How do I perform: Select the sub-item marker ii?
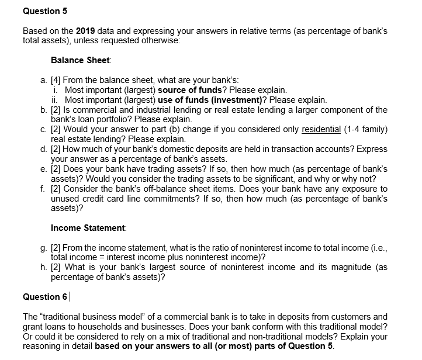[x=56, y=100]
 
